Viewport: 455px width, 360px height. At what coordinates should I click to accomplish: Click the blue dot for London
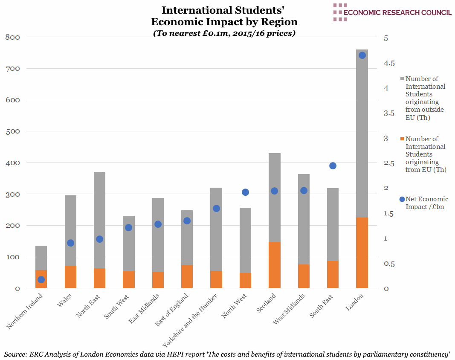362,55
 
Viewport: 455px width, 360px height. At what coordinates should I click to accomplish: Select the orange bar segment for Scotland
275,265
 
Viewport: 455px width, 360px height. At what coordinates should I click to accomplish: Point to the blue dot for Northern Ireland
41,280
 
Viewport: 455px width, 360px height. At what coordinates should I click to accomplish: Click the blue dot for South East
333,166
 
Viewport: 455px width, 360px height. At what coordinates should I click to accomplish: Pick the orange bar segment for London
362,253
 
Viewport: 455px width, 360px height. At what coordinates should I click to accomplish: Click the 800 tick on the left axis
12,37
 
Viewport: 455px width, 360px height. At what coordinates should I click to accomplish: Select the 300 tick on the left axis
12,194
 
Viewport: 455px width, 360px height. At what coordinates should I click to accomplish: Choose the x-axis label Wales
64,300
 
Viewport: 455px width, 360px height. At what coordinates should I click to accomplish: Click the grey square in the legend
402,79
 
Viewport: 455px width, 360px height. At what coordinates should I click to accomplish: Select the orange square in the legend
402,139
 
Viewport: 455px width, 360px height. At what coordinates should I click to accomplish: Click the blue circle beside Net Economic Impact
402,199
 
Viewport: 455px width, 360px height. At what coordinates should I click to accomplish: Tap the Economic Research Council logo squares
339,12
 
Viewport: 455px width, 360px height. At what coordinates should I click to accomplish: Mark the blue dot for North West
245,192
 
